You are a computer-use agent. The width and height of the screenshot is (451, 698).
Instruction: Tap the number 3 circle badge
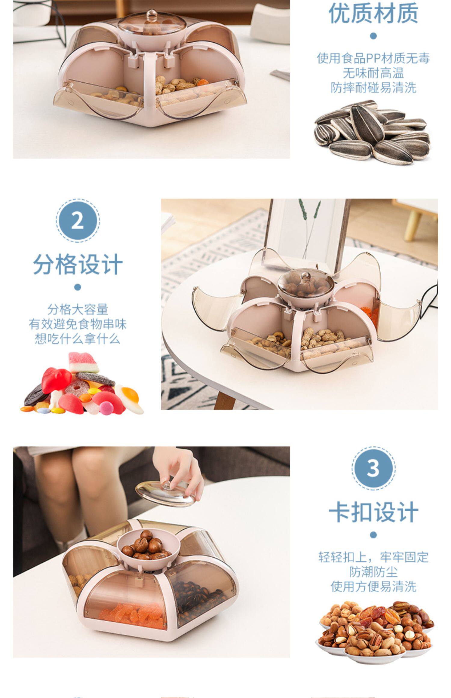373,468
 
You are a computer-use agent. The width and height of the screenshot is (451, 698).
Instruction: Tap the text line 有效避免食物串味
78,324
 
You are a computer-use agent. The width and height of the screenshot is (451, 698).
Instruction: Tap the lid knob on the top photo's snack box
152,15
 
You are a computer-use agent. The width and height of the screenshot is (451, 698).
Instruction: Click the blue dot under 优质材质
373,36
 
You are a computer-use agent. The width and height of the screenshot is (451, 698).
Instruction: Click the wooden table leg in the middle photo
225,400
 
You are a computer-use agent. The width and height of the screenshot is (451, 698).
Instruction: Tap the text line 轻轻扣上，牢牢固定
373,557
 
